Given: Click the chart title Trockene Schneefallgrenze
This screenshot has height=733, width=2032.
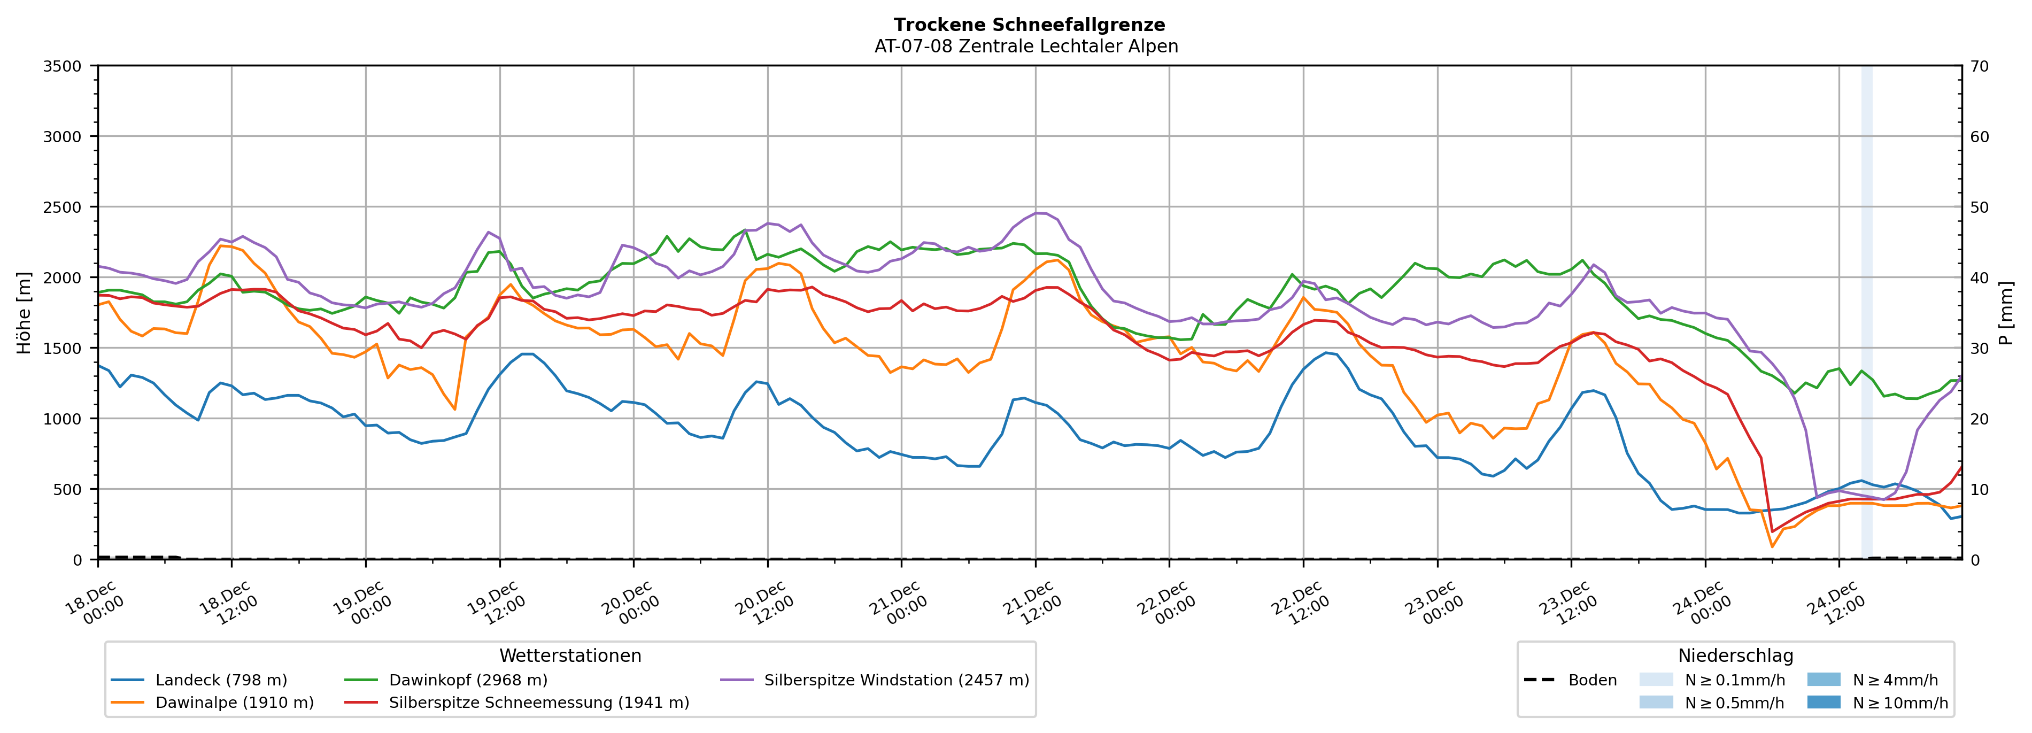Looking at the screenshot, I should click(1029, 25).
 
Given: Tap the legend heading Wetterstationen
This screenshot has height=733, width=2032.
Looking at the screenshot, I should click(570, 655).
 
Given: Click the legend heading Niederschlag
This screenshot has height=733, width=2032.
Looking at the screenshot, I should click(1735, 655).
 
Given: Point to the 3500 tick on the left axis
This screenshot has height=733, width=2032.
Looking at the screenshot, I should click(63, 66).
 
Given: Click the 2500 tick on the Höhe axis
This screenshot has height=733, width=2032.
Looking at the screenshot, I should click(63, 207).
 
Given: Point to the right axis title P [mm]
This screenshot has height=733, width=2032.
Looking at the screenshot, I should click(2007, 312).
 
